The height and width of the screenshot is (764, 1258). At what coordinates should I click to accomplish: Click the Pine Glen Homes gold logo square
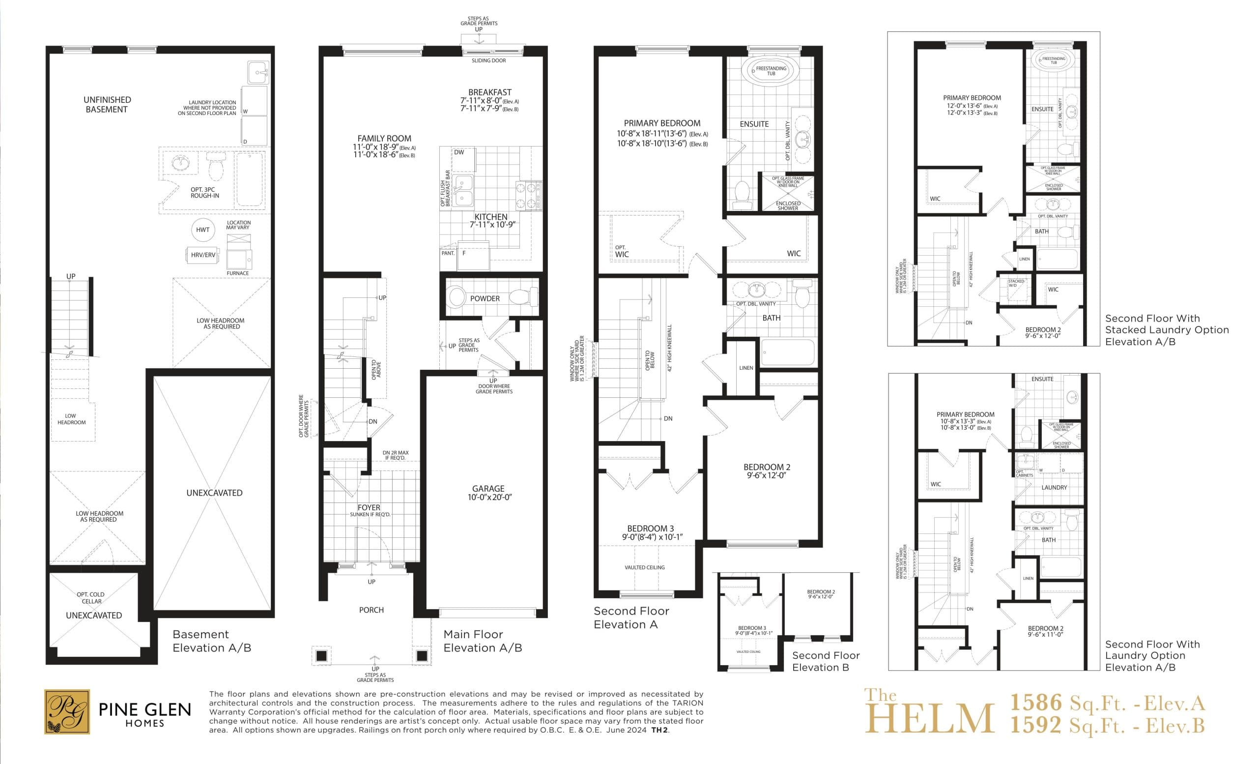[67, 711]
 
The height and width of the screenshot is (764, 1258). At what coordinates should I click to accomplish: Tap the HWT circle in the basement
[202, 230]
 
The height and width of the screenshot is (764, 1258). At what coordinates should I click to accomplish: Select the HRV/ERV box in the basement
[202, 255]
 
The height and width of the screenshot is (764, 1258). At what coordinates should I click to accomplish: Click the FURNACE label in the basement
[237, 273]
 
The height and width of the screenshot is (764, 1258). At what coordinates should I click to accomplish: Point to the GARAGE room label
[488, 489]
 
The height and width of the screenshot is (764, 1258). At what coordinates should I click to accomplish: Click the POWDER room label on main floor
[485, 299]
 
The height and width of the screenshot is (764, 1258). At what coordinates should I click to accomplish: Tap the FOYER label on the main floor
[369, 508]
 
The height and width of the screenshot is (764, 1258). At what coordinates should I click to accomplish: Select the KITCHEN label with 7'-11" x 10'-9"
[490, 217]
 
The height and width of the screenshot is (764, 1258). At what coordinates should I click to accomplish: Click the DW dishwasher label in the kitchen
[459, 152]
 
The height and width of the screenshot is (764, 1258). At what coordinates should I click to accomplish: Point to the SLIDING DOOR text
[488, 61]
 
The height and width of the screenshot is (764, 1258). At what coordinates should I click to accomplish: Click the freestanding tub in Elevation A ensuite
[771, 71]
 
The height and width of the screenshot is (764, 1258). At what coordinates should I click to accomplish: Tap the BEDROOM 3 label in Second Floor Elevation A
[650, 529]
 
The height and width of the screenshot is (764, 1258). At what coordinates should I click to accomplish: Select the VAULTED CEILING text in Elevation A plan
[644, 567]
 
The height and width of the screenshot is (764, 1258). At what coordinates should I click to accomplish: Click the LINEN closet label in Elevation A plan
[746, 368]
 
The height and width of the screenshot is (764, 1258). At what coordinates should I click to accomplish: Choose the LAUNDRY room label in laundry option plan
[1054, 488]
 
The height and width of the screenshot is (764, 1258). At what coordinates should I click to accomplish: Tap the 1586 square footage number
[1036, 703]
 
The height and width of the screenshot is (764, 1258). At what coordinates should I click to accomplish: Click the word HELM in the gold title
[929, 719]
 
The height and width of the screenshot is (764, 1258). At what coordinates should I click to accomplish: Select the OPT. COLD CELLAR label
[90, 598]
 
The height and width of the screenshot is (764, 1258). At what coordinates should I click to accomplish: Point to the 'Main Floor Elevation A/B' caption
[482, 641]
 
